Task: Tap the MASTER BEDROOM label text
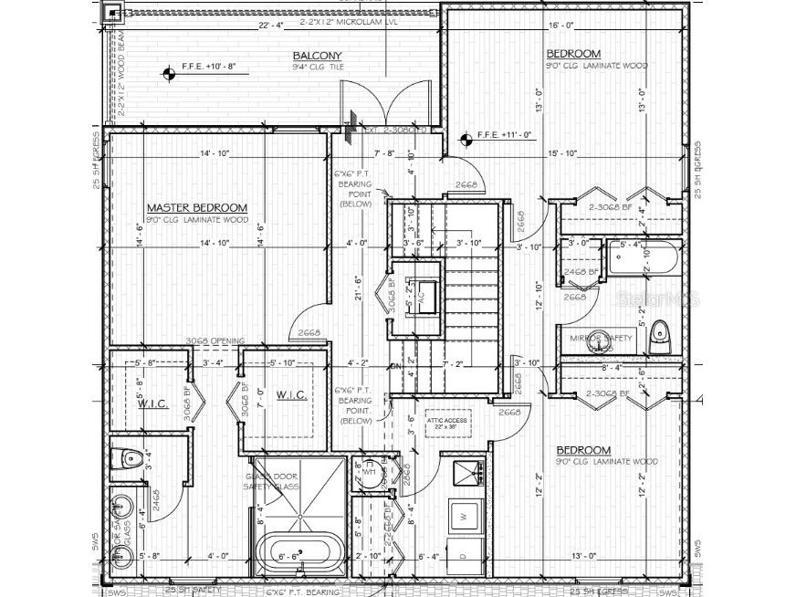(196, 208)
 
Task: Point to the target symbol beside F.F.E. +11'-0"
(465, 140)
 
